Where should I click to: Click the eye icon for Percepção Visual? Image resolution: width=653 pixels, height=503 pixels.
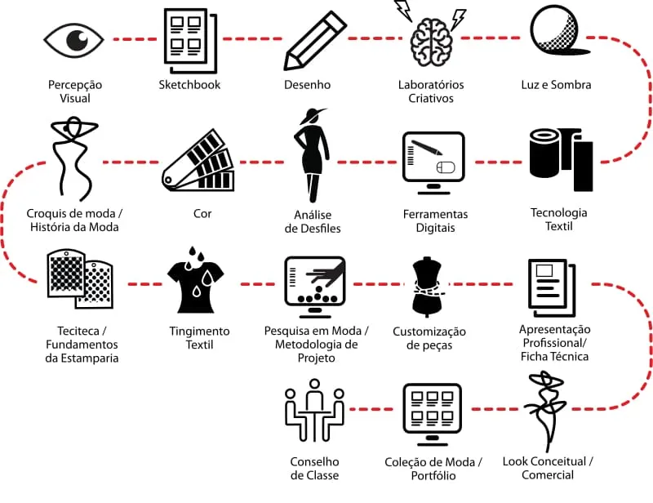74,39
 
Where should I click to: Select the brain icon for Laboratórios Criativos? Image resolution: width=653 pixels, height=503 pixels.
431,39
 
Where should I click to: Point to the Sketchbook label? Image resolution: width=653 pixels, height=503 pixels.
189,85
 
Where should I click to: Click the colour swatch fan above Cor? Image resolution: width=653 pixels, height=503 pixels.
198,165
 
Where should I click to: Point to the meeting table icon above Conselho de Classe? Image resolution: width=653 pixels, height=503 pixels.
314,414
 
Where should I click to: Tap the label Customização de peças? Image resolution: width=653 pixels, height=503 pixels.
429,338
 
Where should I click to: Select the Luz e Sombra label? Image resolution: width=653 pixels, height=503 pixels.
556,85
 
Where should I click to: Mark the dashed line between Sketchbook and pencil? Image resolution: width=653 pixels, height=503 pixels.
251,38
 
